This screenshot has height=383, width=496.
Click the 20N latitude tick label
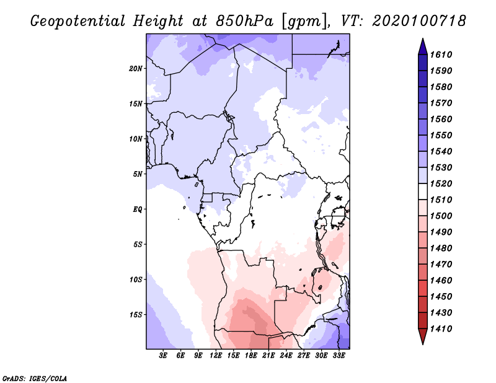[x=135, y=68]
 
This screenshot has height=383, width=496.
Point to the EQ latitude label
[x=137, y=209]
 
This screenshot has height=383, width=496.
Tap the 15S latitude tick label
[x=136, y=315]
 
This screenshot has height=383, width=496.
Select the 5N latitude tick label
[x=137, y=174]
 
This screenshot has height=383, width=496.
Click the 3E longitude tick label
[x=163, y=356]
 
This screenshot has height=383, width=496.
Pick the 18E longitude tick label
[x=251, y=356]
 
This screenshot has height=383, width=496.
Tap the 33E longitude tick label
[x=339, y=356]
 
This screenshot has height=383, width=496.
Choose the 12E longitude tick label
[x=216, y=356]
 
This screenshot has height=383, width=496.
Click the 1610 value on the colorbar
[x=441, y=55]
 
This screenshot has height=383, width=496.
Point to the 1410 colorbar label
[x=441, y=329]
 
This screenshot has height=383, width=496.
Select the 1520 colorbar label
[x=441, y=183]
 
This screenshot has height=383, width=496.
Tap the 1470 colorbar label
[x=441, y=265]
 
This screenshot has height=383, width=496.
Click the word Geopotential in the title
[x=78, y=22]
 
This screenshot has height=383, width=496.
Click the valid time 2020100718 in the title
[x=420, y=21]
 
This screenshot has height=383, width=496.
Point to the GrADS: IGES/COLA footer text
[x=35, y=378]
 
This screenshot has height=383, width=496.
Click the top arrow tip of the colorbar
[x=423, y=38]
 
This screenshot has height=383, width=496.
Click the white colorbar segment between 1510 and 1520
[x=423, y=191]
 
